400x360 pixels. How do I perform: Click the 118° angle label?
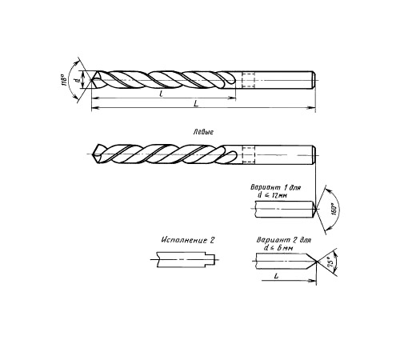click(x=64, y=80)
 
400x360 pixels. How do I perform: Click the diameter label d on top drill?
click(x=78, y=80)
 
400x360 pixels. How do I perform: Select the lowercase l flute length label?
click(x=161, y=94)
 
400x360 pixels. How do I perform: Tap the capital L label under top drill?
click(x=196, y=103)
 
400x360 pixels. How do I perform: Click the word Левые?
click(x=203, y=132)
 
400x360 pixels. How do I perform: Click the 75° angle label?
click(x=330, y=263)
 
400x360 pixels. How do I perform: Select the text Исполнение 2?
click(x=188, y=240)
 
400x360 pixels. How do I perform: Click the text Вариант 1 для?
click(x=276, y=187)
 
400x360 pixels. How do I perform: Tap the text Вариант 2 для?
click(x=284, y=240)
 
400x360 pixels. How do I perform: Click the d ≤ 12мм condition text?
click(x=272, y=195)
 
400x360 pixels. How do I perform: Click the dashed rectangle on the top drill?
click(x=249, y=80)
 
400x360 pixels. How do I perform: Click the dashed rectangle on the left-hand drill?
click(x=249, y=154)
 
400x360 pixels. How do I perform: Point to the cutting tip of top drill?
click(x=92, y=80)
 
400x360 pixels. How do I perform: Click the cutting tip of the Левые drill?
click(x=93, y=154)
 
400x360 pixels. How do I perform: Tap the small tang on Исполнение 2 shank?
click(x=211, y=260)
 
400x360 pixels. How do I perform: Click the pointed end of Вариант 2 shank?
click(x=317, y=261)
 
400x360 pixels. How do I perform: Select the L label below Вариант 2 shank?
click(x=276, y=277)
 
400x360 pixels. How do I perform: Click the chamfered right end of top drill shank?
click(x=314, y=80)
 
